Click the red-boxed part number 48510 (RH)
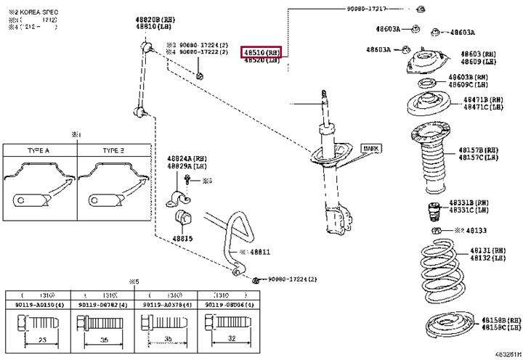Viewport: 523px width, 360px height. [261, 52]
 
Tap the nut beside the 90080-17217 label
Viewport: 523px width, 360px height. [421, 9]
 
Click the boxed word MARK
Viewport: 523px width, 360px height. [370, 148]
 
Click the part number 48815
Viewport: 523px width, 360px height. [182, 238]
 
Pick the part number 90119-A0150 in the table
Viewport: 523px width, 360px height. [37, 306]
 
